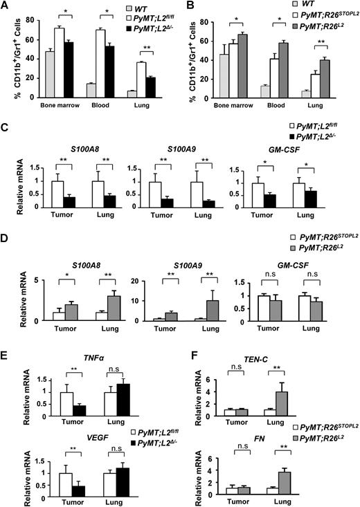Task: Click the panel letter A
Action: tap(6, 6)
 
